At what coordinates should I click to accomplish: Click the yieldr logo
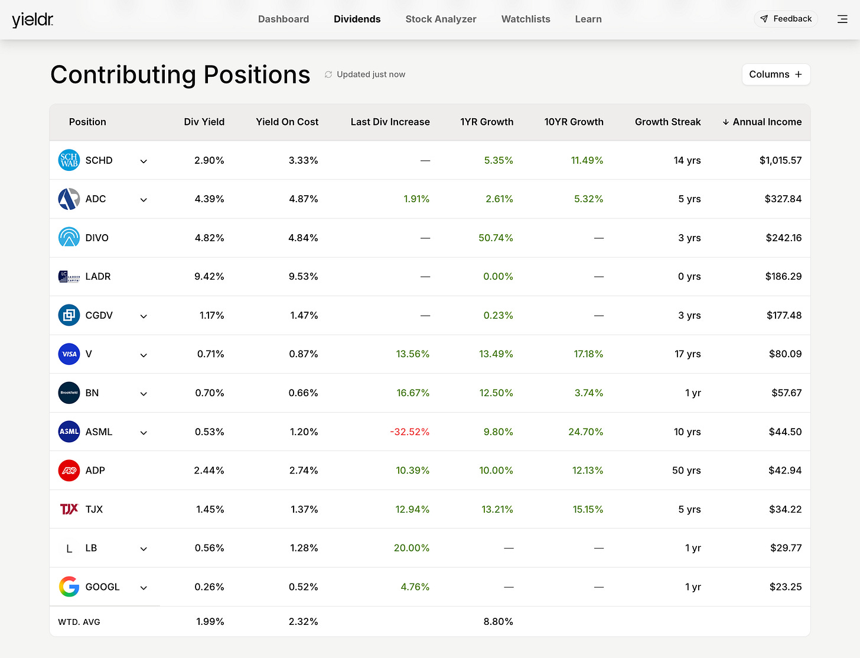click(32, 20)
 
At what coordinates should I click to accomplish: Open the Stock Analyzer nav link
click(441, 20)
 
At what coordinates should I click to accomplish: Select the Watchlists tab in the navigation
click(526, 20)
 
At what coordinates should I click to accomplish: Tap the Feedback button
click(786, 19)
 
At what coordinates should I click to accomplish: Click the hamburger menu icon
click(842, 20)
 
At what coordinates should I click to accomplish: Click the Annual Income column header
click(762, 122)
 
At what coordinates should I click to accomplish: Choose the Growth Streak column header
click(667, 122)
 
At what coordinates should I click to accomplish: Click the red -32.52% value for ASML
click(410, 432)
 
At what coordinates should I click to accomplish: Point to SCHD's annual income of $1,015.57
click(780, 160)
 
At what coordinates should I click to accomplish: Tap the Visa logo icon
click(69, 354)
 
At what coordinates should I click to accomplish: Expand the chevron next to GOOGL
click(144, 588)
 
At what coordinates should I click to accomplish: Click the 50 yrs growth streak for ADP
click(686, 471)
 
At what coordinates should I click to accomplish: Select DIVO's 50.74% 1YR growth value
click(496, 238)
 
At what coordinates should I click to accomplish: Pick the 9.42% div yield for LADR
click(209, 277)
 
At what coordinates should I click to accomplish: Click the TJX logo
click(69, 509)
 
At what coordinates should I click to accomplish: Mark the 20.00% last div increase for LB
click(412, 548)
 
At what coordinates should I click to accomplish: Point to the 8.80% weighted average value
click(499, 621)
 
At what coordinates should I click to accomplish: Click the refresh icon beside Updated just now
click(328, 74)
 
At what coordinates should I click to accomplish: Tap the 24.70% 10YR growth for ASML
click(586, 432)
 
